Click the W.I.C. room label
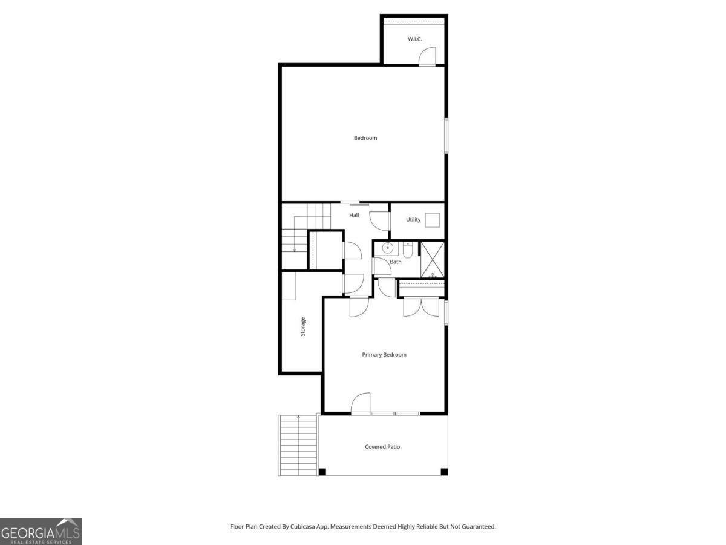(x=414, y=39)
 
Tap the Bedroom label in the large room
(x=365, y=138)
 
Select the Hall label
(x=354, y=215)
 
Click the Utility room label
(x=413, y=219)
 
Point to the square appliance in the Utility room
(x=433, y=220)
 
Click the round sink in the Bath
(x=388, y=247)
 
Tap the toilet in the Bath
(x=408, y=250)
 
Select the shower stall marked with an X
(x=433, y=260)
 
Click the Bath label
(x=395, y=262)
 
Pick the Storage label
(x=303, y=326)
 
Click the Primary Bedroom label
(x=384, y=355)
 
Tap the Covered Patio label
(x=382, y=447)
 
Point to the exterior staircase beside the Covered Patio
(x=298, y=445)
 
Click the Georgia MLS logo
(x=41, y=531)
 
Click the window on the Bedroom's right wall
(x=446, y=136)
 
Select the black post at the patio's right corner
(x=444, y=472)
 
